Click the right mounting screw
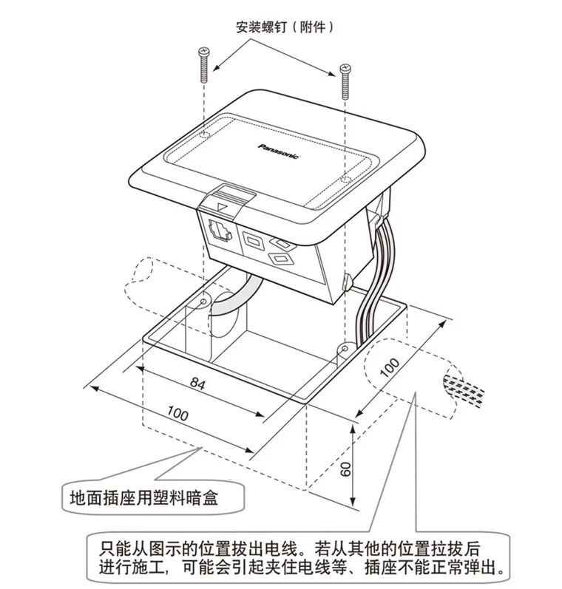[344, 81]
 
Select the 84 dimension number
[197, 384]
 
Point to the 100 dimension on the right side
[390, 367]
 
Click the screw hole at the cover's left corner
[204, 136]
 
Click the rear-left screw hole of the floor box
[204, 302]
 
